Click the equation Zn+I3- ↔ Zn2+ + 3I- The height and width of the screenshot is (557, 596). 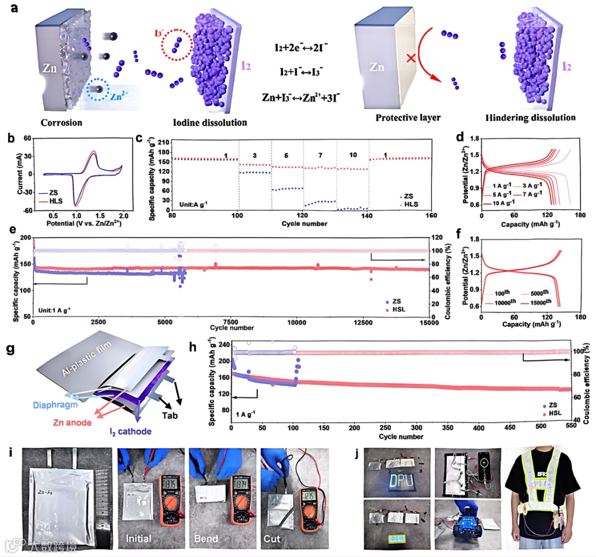tap(309, 97)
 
